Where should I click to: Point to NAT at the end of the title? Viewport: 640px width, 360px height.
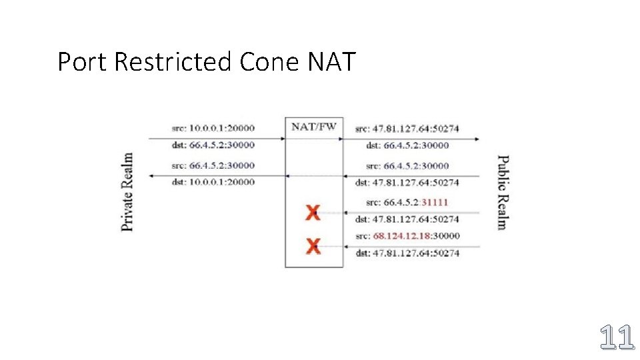point(333,62)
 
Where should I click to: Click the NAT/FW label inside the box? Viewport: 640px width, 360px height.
point(314,127)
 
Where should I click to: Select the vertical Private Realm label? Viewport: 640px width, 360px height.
point(127,192)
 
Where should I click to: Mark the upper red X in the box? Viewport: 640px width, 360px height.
point(313,213)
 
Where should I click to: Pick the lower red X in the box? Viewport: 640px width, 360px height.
point(313,247)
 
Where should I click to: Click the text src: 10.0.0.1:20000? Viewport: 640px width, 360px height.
point(213,127)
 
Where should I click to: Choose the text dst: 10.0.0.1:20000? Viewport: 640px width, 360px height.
point(213,181)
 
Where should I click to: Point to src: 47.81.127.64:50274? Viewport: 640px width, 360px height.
point(407,128)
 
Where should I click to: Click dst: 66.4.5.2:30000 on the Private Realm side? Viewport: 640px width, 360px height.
point(213,145)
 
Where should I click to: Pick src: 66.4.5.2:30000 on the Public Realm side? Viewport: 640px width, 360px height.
point(407,165)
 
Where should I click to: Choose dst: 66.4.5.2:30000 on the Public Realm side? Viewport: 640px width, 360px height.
point(407,145)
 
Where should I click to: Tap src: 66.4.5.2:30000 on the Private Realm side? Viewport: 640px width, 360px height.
point(213,165)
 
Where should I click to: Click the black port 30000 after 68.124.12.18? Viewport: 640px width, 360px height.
point(446,235)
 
